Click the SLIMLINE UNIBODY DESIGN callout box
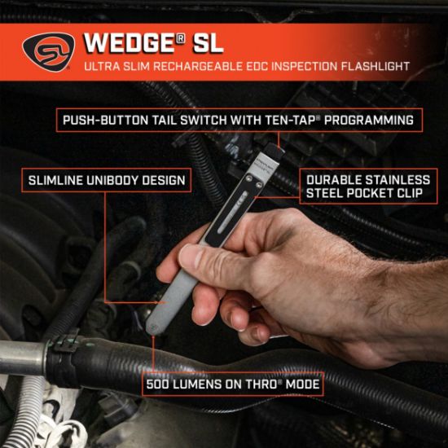click(107, 180)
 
